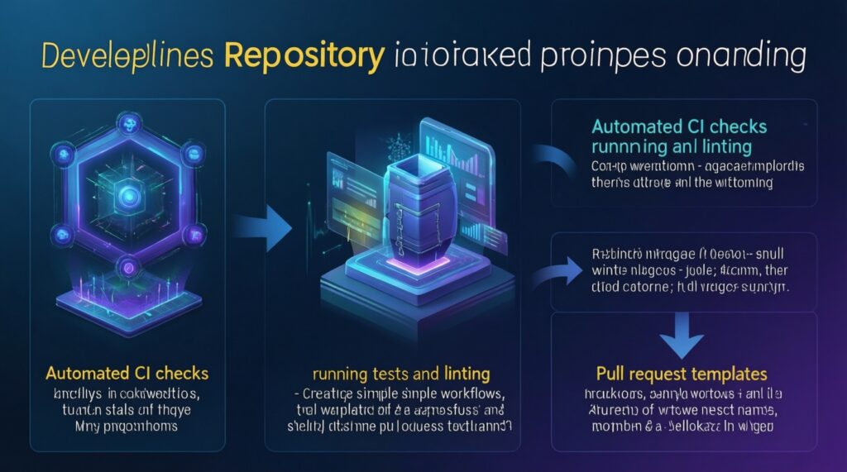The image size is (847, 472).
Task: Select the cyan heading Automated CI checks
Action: click(x=678, y=127)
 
